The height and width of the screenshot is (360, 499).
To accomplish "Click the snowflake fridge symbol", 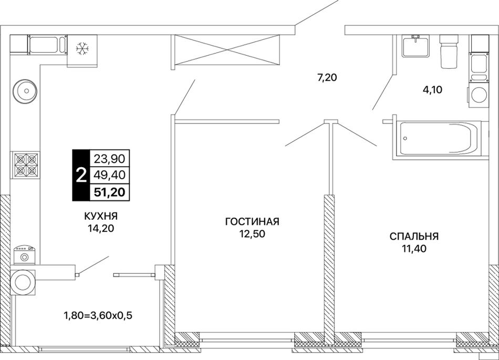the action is (82, 49).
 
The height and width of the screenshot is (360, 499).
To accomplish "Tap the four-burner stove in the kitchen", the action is (26, 165).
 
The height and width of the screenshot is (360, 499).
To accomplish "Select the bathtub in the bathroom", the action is (439, 139).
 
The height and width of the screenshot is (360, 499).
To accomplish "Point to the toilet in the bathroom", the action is (449, 51).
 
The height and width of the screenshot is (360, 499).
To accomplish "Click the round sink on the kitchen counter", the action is (25, 91).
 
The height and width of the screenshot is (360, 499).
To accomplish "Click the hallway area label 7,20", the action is (327, 77).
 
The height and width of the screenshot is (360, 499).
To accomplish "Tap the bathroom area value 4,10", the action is (432, 90).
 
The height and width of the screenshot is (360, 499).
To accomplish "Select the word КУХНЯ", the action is (100, 217).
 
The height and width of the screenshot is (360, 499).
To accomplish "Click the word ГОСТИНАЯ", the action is (252, 222).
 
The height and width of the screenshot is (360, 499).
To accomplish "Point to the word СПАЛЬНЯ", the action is (414, 236).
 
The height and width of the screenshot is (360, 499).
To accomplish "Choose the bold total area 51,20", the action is (109, 192).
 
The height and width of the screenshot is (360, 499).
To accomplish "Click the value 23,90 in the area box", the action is (109, 158).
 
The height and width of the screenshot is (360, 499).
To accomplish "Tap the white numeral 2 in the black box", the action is (81, 175).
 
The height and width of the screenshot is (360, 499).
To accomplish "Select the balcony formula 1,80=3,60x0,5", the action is (98, 316).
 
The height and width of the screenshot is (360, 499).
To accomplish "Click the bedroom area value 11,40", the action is (414, 249).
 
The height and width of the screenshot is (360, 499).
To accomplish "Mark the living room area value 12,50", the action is (252, 234).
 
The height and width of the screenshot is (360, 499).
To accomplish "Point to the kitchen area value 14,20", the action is (101, 229).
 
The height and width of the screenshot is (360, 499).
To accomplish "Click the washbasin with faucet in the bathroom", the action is (416, 46).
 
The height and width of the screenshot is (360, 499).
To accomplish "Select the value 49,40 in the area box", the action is (109, 175).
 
